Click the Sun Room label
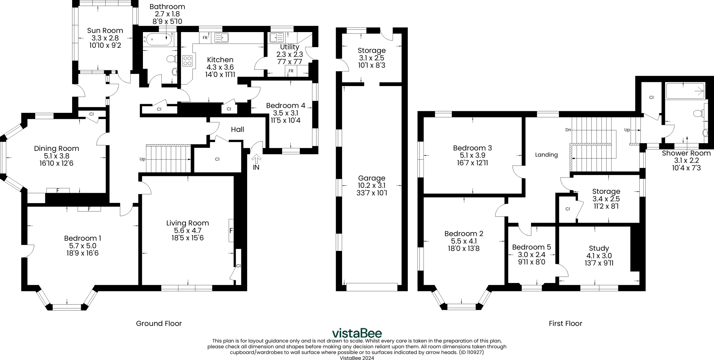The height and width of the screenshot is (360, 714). click(x=105, y=30)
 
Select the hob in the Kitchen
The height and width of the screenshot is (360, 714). click(x=188, y=61)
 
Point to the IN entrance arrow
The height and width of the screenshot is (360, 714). click(x=256, y=159)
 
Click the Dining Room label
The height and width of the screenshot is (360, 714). click(x=56, y=148)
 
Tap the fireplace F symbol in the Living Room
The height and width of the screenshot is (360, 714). click(x=231, y=230)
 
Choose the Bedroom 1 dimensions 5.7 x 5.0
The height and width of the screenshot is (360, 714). click(x=83, y=246)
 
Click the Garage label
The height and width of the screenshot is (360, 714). click(x=372, y=178)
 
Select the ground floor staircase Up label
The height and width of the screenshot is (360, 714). click(x=142, y=159)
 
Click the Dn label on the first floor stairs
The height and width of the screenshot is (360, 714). click(x=568, y=130)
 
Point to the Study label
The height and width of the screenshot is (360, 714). click(x=599, y=248)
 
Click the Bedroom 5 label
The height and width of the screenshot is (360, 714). click(x=531, y=247)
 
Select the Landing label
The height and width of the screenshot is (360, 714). click(x=546, y=155)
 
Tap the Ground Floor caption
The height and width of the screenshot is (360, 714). click(x=159, y=323)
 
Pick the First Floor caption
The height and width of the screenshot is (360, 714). click(x=565, y=323)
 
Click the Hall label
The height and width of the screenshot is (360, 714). click(x=237, y=129)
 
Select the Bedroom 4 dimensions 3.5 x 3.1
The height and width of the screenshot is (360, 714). click(x=286, y=113)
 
